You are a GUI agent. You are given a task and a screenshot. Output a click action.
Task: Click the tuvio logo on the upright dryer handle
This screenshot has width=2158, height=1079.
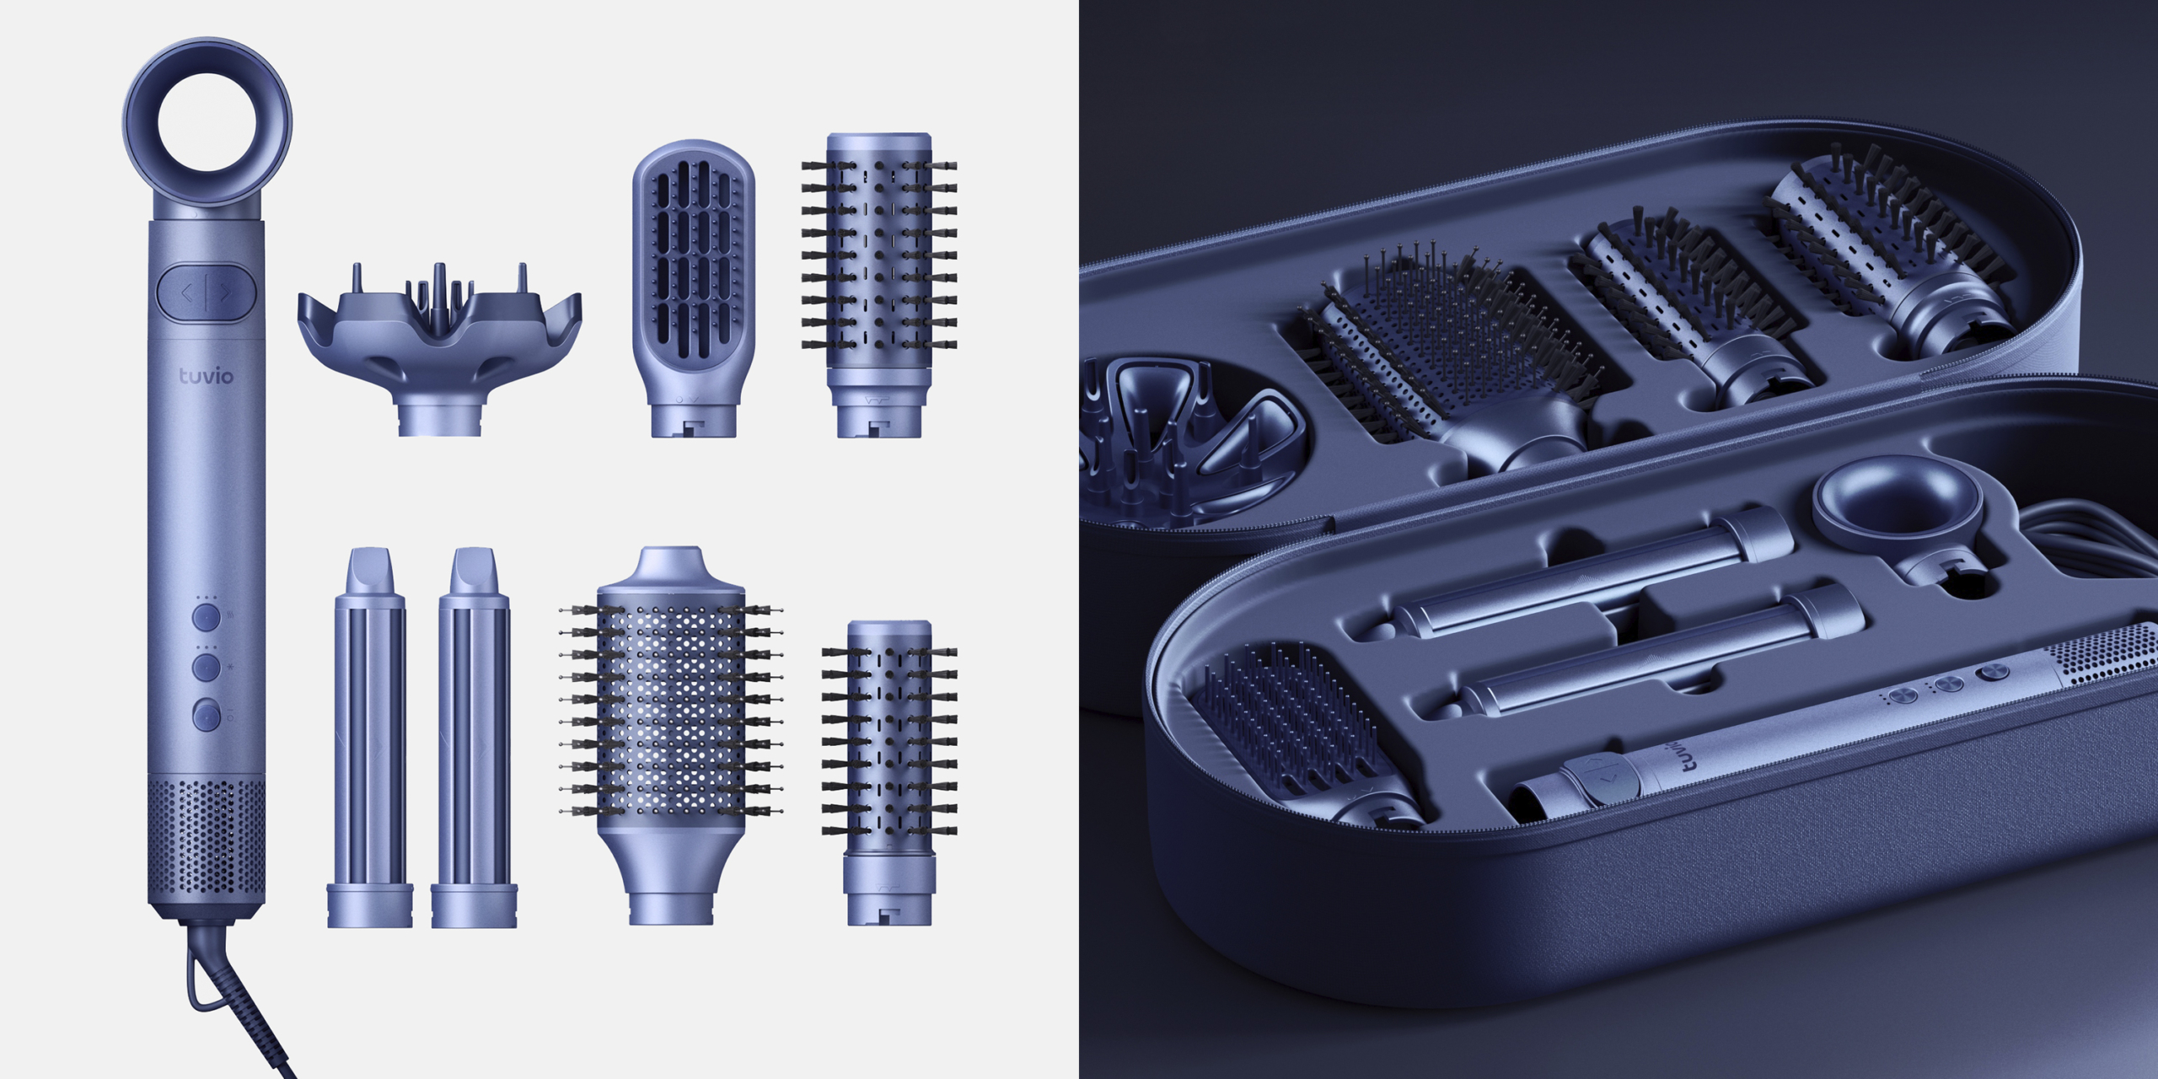[x=206, y=375]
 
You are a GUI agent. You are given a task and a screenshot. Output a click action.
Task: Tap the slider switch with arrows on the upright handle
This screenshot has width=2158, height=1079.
[x=207, y=293]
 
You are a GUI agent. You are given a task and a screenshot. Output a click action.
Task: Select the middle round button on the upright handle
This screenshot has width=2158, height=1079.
[x=207, y=667]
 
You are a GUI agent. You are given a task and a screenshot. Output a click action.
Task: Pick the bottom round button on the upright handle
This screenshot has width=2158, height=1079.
[x=207, y=715]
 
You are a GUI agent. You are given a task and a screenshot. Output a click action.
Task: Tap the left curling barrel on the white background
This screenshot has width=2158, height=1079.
[x=370, y=738]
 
